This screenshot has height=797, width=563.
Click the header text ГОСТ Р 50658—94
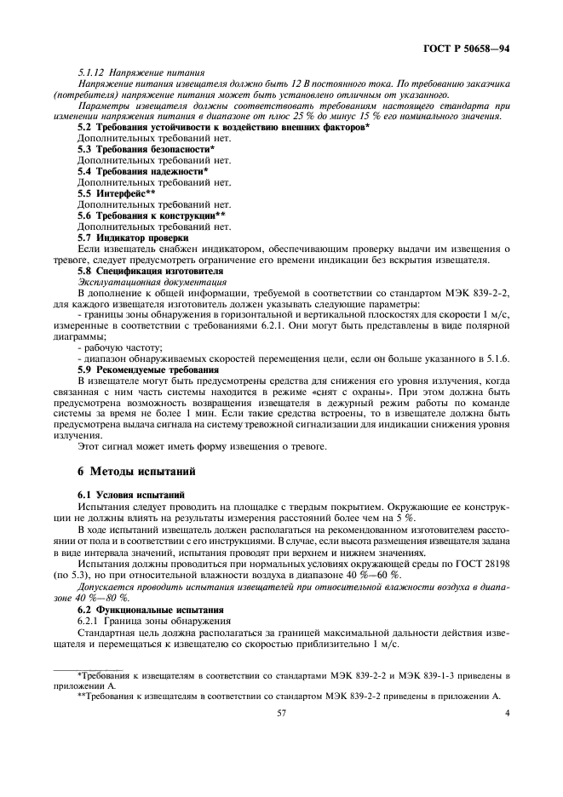(x=468, y=51)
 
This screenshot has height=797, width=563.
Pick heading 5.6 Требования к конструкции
(x=151, y=215)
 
